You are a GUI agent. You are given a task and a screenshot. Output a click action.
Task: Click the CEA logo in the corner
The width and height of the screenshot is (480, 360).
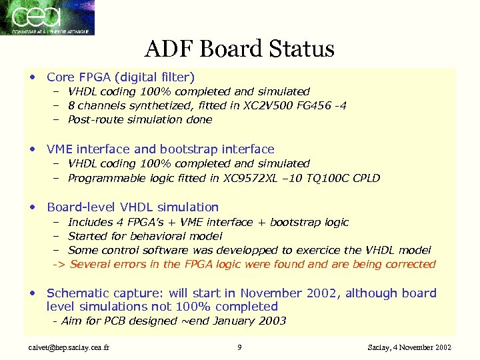tap(47, 17)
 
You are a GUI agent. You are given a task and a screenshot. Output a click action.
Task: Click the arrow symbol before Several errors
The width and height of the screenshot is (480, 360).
tap(59, 264)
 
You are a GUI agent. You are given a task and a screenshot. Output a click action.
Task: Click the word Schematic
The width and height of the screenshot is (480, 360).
tap(79, 293)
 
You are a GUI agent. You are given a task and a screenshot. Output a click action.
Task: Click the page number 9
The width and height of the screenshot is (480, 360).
tap(239, 347)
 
